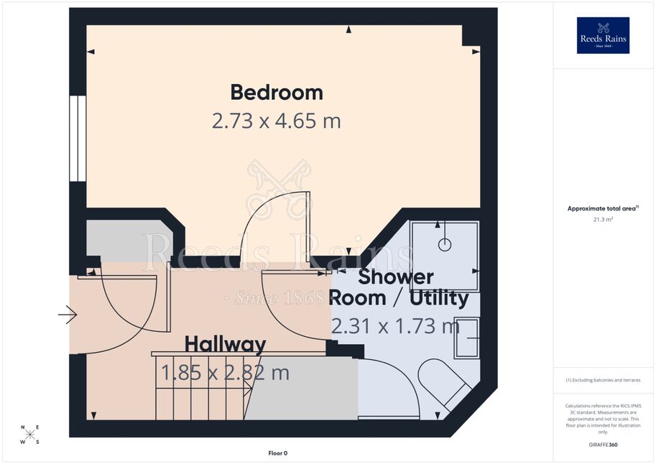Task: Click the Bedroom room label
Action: [x=277, y=93]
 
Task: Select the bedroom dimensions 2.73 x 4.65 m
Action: [x=276, y=121]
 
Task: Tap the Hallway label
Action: [x=225, y=344]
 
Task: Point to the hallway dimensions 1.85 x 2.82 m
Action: [x=225, y=372]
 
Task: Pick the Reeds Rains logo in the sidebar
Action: [x=603, y=35]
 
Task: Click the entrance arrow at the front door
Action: [x=68, y=314]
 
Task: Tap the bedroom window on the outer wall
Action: [x=78, y=139]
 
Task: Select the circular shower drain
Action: [x=445, y=244]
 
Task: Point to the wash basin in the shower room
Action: [x=467, y=338]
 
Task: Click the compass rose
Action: [x=29, y=435]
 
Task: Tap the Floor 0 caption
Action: [x=278, y=453]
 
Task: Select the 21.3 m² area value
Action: [x=603, y=219]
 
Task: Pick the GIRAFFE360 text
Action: [x=603, y=445]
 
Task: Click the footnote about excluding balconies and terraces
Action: [x=603, y=380]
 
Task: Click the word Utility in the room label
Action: [x=439, y=298]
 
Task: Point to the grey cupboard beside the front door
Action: [x=126, y=241]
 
